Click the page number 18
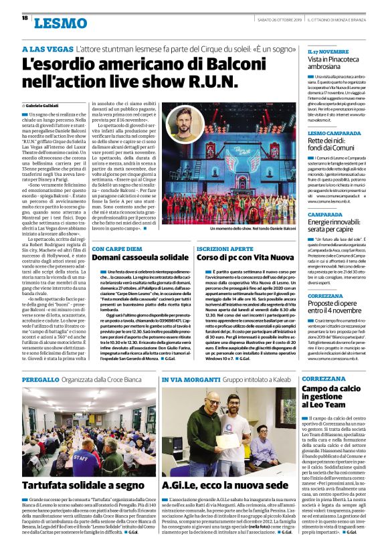point(25,18)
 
